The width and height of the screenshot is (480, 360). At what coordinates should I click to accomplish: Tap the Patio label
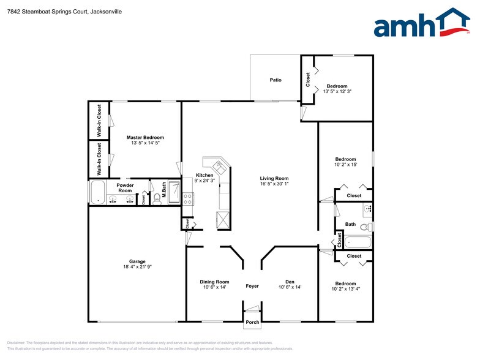(276, 80)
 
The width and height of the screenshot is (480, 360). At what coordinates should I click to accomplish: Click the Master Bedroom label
(145, 138)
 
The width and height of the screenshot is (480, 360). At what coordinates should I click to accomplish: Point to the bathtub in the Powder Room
(97, 192)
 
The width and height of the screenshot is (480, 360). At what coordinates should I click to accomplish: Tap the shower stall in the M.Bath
(174, 192)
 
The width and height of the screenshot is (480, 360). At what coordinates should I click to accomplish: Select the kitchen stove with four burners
(188, 198)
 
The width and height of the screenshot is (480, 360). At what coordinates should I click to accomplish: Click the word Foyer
(252, 287)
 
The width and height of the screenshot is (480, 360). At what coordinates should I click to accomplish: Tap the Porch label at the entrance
(252, 323)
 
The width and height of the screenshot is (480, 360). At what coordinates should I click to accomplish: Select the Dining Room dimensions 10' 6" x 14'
(214, 287)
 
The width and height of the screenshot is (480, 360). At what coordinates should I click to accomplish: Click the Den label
(290, 282)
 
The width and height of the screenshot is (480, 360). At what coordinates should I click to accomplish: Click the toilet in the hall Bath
(365, 227)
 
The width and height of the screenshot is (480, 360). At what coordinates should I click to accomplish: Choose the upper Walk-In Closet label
(99, 119)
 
